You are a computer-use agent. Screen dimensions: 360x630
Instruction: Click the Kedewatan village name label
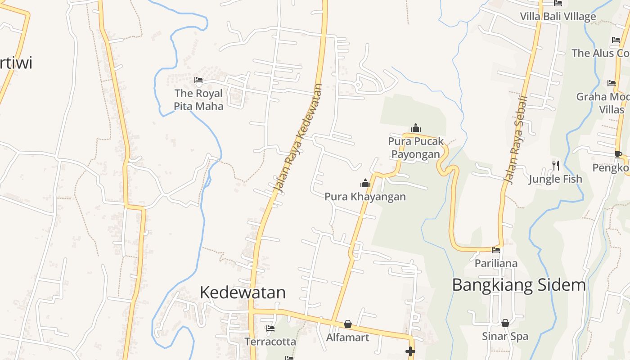(x=243, y=292)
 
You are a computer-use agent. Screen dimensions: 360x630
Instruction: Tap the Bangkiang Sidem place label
(x=519, y=285)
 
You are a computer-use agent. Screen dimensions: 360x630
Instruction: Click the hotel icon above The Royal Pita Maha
(x=198, y=81)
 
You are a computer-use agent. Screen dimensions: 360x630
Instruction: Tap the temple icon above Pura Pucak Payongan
(x=416, y=128)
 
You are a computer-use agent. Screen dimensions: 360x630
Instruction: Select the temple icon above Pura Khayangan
(x=365, y=183)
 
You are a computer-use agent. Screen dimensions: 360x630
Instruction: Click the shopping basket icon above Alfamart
(x=348, y=324)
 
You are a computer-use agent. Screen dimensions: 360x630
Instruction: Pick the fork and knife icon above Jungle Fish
(x=556, y=166)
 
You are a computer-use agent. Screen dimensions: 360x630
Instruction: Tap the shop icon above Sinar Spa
(x=505, y=323)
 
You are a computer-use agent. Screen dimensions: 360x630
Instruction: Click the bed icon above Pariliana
(x=496, y=250)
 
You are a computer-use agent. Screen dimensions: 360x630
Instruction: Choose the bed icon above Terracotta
(x=270, y=328)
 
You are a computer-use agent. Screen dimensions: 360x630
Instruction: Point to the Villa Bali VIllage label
(x=558, y=17)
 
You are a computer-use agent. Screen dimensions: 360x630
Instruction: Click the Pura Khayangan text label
(x=365, y=197)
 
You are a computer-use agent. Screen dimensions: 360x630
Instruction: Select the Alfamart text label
(x=347, y=337)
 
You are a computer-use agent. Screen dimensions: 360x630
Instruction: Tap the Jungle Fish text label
(x=555, y=179)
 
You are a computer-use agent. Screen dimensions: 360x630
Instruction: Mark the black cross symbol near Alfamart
(x=410, y=351)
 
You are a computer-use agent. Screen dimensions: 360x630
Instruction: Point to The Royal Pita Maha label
(x=198, y=99)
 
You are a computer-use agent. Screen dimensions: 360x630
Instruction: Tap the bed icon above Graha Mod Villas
(x=611, y=83)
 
